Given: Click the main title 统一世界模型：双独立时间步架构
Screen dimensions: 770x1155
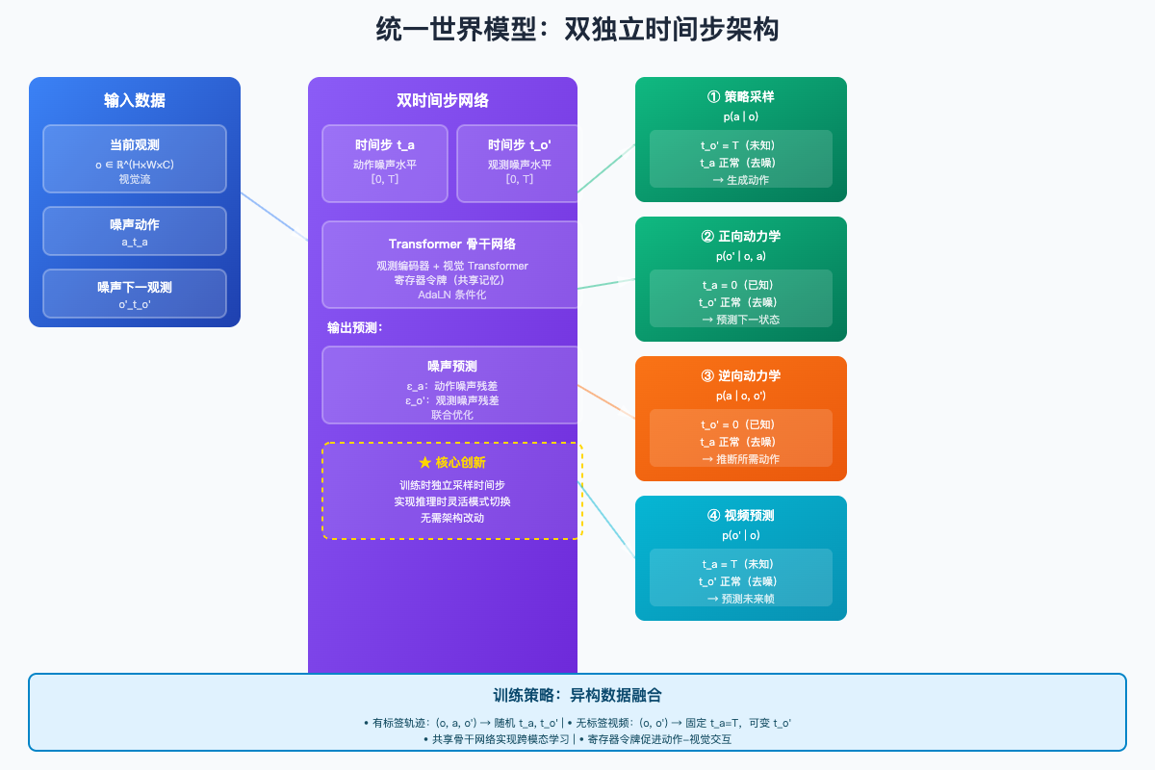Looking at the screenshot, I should (x=577, y=30).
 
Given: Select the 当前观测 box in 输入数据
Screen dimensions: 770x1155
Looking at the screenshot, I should (x=135, y=159).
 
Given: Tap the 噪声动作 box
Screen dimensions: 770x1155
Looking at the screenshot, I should (x=135, y=231).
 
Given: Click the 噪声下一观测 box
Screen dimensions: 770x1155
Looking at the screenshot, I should (x=135, y=294).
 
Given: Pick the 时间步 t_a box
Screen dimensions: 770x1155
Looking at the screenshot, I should (x=385, y=163).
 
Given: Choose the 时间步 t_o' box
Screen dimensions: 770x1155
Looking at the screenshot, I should (x=518, y=163).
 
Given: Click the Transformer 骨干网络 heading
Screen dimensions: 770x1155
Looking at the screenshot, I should (x=451, y=244).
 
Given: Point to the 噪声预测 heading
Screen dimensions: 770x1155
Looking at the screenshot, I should (x=451, y=366).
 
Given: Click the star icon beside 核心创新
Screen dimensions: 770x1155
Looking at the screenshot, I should (x=424, y=463).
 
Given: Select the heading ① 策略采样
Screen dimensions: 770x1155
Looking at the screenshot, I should (x=740, y=97).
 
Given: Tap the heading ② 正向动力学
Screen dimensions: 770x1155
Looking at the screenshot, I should (x=740, y=237).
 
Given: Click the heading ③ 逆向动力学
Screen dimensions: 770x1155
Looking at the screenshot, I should (x=740, y=376).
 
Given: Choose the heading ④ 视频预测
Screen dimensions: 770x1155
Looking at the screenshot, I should (x=740, y=516).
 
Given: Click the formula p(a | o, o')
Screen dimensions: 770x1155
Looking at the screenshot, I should (x=740, y=396).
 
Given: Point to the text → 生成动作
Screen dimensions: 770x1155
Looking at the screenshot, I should (x=740, y=180).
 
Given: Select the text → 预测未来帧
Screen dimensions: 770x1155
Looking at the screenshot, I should (x=740, y=599).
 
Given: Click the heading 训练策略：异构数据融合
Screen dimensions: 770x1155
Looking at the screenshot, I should (x=577, y=695).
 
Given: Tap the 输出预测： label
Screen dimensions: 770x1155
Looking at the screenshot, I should (x=355, y=328).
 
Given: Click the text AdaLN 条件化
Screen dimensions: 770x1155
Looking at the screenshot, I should (x=451, y=295).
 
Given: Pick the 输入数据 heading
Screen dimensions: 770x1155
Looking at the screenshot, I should (x=135, y=100).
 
